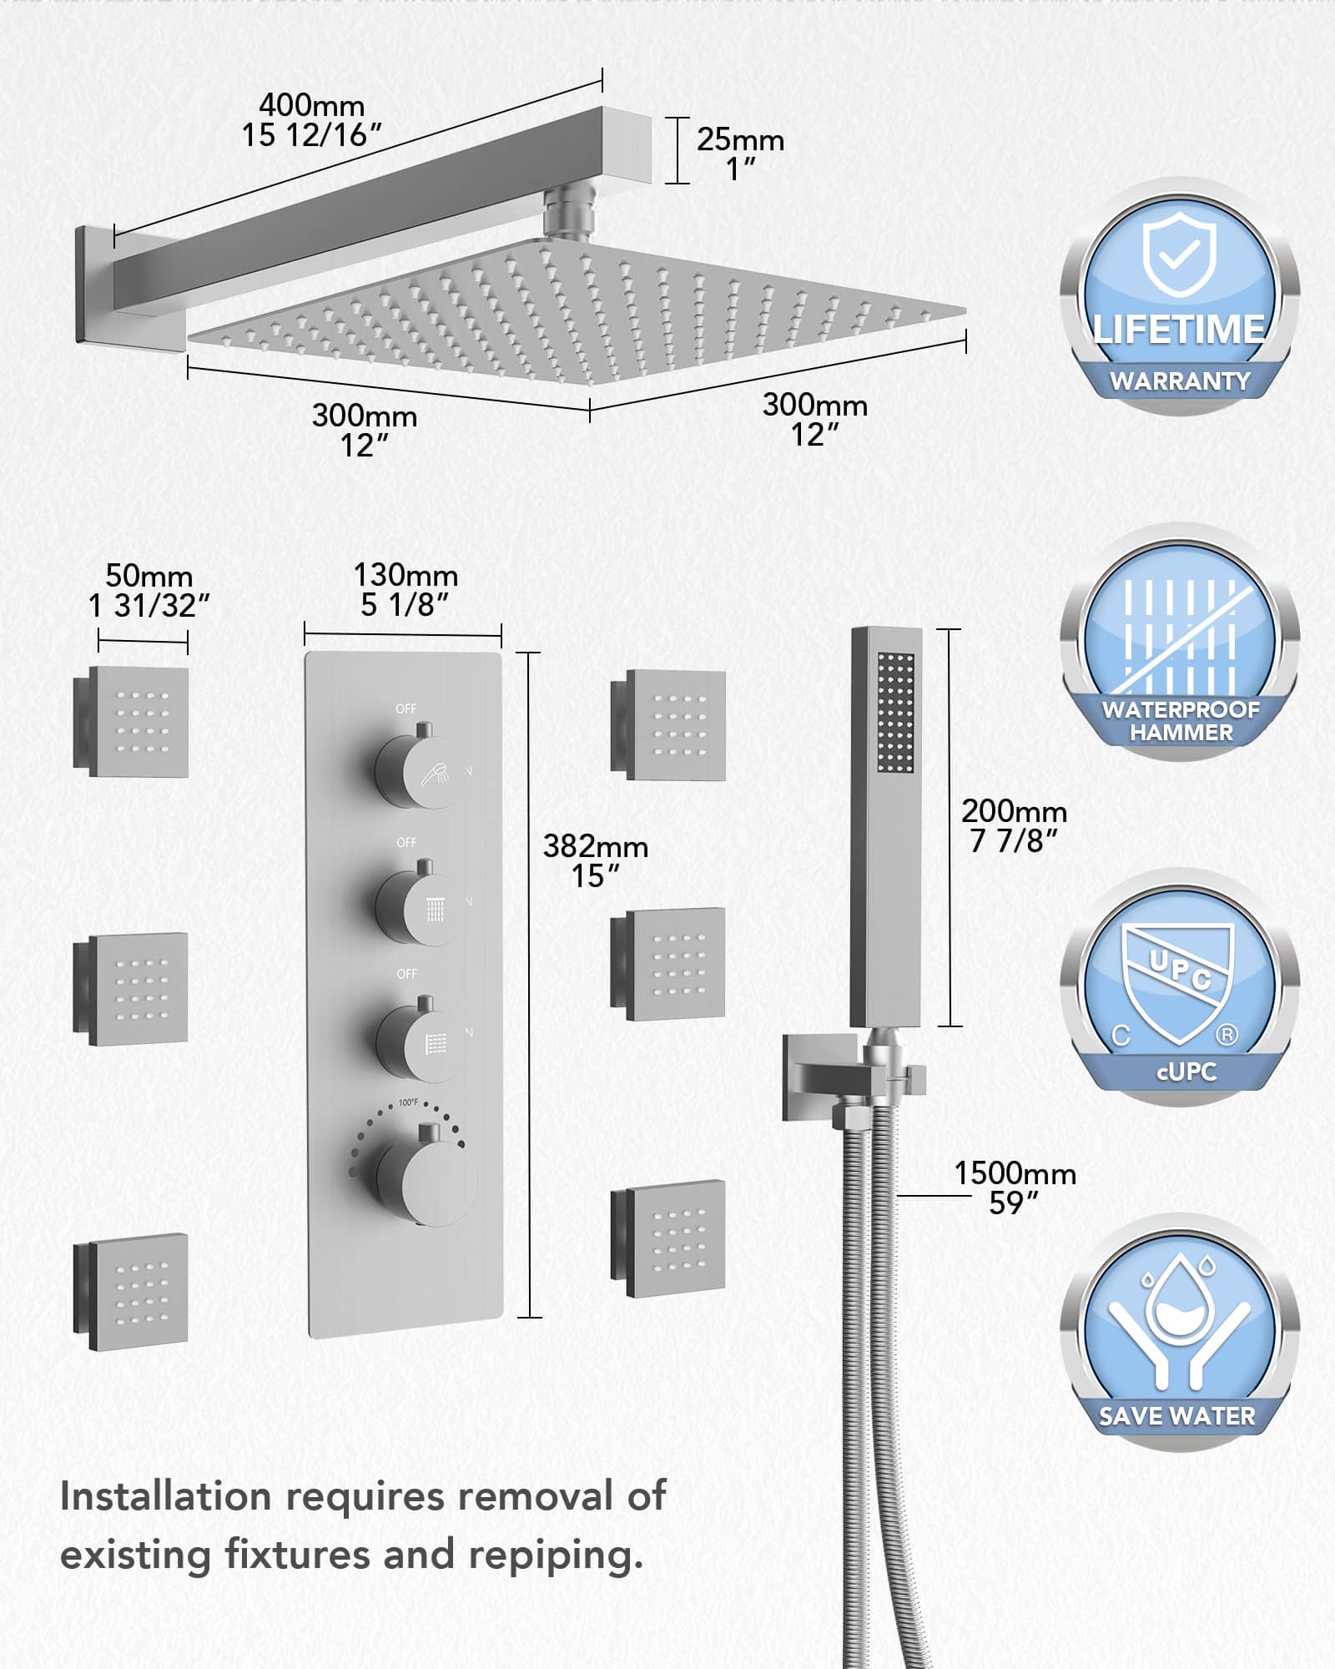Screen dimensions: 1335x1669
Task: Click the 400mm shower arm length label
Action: point(311,120)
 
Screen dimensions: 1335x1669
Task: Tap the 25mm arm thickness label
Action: point(740,154)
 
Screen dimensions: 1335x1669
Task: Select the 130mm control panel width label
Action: point(406,589)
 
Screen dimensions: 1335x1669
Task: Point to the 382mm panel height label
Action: point(596,860)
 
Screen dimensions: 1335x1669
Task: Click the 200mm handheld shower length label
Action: point(1014,825)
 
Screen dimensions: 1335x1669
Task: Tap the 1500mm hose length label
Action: point(1015,1187)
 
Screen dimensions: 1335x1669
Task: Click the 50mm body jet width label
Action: point(149,590)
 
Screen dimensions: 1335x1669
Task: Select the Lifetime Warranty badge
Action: point(1180,298)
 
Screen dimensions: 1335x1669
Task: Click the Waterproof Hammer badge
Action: point(1180,642)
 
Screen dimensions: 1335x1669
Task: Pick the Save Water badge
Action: point(1180,1333)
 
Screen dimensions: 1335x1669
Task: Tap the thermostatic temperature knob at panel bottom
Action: point(426,1176)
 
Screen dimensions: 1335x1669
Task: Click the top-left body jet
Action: point(131,722)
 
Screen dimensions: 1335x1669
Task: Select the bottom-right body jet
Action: point(668,1238)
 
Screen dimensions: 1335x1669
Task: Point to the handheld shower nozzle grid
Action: point(896,712)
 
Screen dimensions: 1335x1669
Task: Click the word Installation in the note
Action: point(165,1496)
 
